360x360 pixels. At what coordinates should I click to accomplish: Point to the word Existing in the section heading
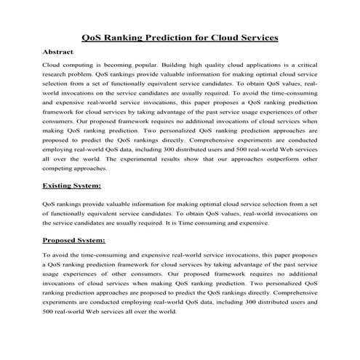coord(60,186)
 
